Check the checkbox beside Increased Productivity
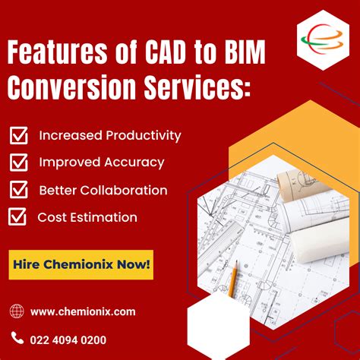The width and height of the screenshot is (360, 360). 18,136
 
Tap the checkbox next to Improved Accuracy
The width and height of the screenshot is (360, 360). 18,163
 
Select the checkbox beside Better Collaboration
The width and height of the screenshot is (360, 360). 18,190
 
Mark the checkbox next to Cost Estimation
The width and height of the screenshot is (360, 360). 17,217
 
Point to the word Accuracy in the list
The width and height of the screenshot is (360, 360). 136,163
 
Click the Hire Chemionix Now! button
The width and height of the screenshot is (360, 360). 81,265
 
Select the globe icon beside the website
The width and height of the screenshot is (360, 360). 17,311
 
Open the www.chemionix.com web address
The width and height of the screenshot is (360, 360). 84,311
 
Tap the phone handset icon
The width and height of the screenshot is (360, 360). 17,339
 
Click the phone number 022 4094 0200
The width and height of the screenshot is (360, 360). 69,339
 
